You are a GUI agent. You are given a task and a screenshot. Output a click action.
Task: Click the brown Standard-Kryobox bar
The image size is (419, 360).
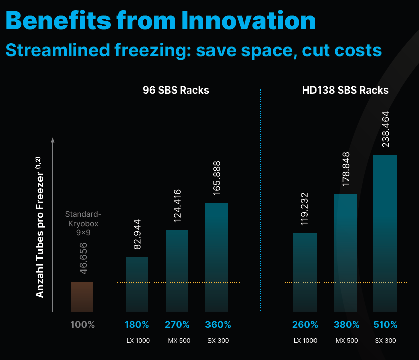click(x=82, y=296)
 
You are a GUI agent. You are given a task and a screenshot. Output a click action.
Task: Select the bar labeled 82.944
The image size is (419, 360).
click(x=137, y=284)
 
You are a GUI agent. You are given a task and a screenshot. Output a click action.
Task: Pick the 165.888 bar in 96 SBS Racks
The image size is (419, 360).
click(x=217, y=257)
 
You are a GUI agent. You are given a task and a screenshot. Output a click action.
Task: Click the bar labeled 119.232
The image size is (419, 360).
click(x=305, y=272)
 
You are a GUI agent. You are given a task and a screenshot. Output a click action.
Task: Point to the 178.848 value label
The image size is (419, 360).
click(x=345, y=168)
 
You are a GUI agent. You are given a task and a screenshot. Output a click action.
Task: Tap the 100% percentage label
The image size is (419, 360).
click(x=82, y=325)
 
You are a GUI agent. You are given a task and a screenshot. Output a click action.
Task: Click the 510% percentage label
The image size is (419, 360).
click(x=385, y=325)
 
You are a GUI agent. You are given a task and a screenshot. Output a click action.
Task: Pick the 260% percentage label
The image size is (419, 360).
click(x=305, y=325)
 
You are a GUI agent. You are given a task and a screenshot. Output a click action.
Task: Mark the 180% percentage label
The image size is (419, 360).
click(x=137, y=325)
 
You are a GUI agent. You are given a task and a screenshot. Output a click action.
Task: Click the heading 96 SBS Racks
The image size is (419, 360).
click(x=176, y=91)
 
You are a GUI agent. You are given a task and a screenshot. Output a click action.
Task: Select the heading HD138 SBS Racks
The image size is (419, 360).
click(x=345, y=91)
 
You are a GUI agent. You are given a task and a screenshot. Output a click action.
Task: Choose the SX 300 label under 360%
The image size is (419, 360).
click(x=218, y=341)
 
